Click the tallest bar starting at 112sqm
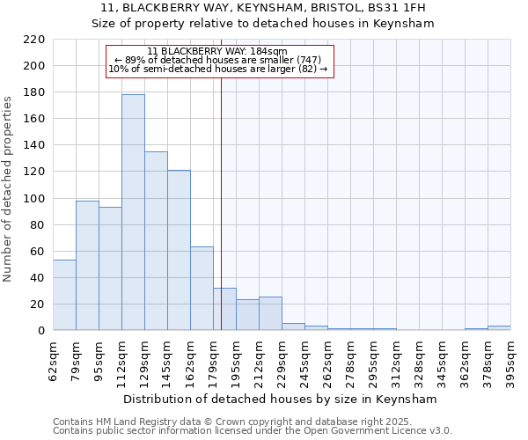click(x=133, y=212)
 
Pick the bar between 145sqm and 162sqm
click(x=179, y=250)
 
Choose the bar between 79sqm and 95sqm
click(x=87, y=265)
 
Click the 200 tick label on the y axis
click(x=34, y=66)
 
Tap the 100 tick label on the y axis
click(x=34, y=198)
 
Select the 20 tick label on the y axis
click(x=38, y=304)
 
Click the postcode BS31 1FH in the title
click(x=392, y=7)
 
